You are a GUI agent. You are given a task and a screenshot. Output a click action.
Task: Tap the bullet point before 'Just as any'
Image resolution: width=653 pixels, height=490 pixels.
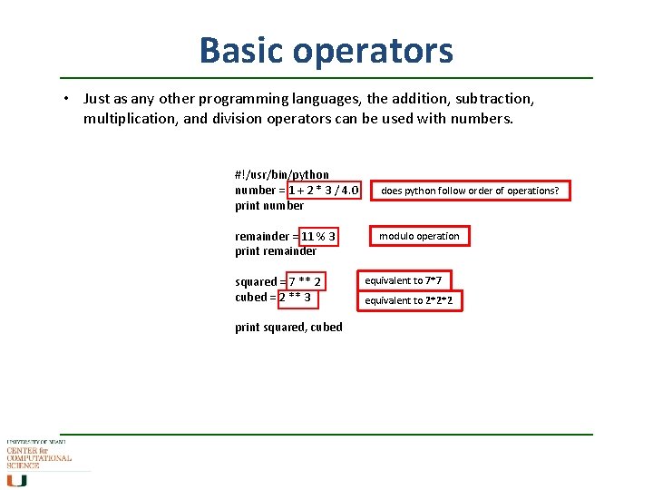[67, 98]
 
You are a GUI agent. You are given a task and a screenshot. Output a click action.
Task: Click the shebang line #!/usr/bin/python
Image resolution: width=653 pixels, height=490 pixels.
[282, 174]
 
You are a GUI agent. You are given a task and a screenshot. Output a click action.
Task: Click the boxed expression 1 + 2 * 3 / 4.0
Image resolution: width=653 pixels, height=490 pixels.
[324, 191]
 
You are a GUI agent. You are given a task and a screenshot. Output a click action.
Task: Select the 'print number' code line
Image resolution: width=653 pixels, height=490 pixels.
[269, 206]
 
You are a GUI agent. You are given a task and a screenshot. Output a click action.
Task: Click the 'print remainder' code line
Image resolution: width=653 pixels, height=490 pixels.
[276, 251]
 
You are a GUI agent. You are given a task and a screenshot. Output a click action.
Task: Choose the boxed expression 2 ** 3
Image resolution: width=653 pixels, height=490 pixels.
[295, 298]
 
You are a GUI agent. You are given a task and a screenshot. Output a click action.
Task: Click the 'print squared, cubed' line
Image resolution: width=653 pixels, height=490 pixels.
[288, 328]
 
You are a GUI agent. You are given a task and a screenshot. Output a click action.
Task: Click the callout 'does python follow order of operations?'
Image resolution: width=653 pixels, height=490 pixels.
[470, 191]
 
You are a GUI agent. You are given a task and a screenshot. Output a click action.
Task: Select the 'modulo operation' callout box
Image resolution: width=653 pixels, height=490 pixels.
[419, 236]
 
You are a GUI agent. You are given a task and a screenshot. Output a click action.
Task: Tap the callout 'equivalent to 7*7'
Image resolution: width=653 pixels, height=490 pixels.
[409, 281]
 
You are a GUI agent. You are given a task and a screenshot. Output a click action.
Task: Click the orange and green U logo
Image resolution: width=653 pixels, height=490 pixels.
[16, 480]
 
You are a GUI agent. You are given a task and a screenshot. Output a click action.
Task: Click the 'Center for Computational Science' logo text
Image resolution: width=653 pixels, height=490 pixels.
[39, 456]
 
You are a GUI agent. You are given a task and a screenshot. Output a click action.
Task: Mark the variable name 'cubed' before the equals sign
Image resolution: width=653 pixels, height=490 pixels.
[251, 298]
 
